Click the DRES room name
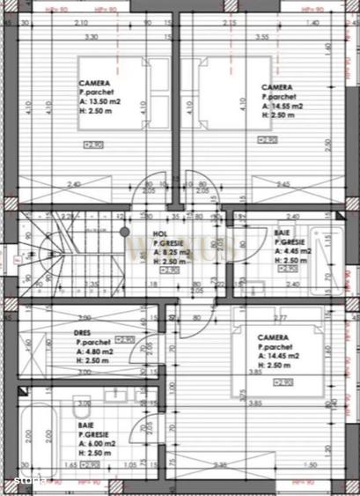84,334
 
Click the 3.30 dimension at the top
90,38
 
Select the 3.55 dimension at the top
262,38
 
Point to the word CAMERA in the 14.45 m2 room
275,337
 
